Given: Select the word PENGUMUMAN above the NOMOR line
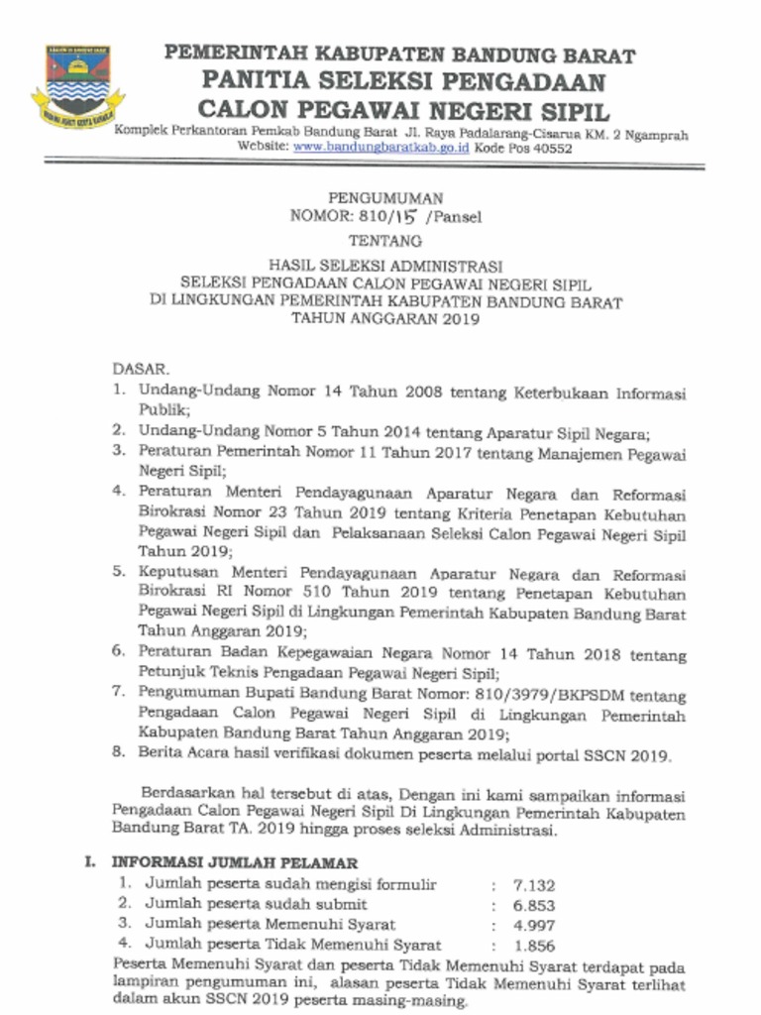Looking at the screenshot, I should [x=385, y=198].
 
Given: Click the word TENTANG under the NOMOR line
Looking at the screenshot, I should [x=385, y=241].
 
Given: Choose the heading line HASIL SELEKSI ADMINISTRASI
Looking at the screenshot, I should [x=385, y=266].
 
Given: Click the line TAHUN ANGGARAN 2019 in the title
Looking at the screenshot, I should [x=385, y=319].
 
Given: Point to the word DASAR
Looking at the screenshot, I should [x=134, y=369].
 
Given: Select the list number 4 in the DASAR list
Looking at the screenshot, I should [x=117, y=491].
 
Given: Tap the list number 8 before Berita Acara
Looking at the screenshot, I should [x=117, y=752].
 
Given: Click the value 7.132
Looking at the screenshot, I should [x=534, y=885].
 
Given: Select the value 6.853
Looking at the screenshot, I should [x=534, y=905].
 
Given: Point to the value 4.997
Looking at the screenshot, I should [x=534, y=925].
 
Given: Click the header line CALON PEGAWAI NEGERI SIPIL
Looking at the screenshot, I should [x=403, y=110].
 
